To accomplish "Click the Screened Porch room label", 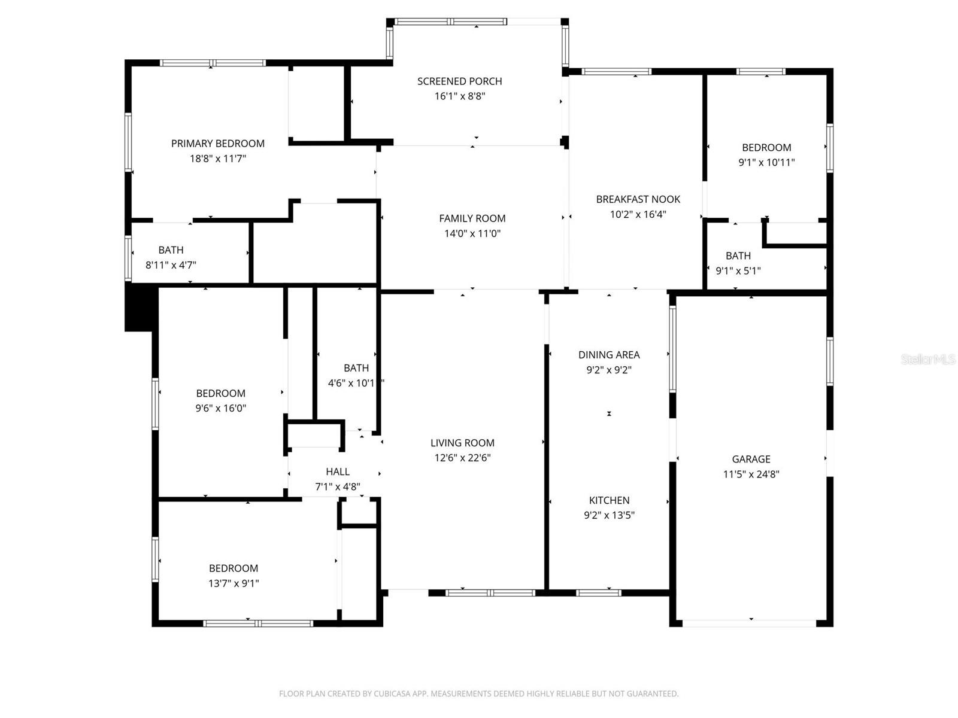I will tap(459, 81).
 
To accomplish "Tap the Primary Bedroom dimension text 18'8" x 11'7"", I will tap(218, 159).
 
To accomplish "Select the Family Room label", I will tap(472, 218).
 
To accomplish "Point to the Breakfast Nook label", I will tap(638, 199).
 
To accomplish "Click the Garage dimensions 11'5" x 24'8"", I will tap(751, 474).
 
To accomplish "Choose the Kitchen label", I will tap(609, 500).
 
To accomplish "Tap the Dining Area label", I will tap(609, 355).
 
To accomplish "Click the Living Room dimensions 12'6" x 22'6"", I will tap(462, 458).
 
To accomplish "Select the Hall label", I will tap(338, 472).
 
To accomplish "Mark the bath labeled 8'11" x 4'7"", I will tap(171, 250).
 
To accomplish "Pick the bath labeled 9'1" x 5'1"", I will tap(738, 255).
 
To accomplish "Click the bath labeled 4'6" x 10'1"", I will tap(356, 368).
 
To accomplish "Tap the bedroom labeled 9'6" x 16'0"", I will tap(220, 393).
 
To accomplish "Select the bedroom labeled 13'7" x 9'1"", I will tap(234, 568).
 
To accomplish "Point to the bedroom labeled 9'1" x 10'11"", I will tap(766, 148).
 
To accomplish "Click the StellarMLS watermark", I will tap(928, 360).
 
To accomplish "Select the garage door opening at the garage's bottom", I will tap(750, 623).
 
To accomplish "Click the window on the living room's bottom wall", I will tap(490, 593).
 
